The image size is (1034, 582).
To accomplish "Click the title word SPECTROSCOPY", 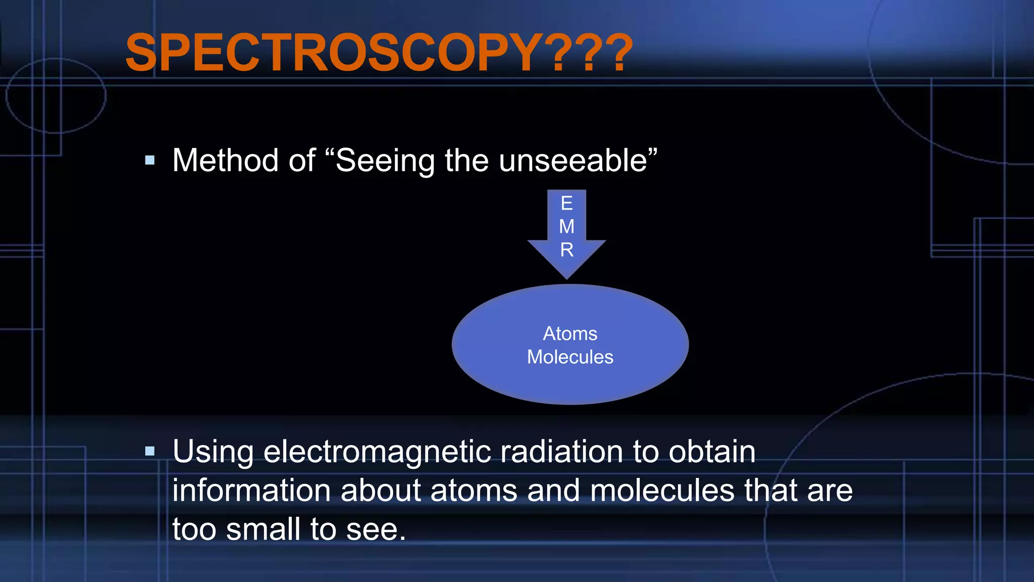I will [x=333, y=53].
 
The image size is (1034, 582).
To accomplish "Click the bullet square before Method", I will [x=149, y=161].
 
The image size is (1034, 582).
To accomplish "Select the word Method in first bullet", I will [x=225, y=161].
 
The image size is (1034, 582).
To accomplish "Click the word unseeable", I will [x=573, y=161].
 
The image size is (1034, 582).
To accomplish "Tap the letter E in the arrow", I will [x=566, y=204].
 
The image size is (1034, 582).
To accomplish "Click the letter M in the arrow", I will [x=566, y=226].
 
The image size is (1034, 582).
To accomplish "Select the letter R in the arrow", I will [x=566, y=250].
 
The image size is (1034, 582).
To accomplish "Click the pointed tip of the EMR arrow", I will [x=566, y=277].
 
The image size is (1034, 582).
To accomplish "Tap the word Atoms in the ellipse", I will [x=570, y=334].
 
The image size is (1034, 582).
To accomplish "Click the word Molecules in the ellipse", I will [x=570, y=357].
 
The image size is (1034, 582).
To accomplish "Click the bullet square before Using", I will [x=149, y=451].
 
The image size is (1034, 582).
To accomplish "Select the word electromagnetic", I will [x=377, y=451].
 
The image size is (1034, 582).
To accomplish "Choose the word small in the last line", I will [x=263, y=529].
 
